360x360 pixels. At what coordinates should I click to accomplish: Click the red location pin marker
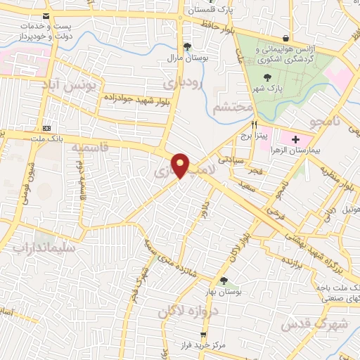point(181,165)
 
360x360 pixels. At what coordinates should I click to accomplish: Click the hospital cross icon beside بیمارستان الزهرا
point(295,141)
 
